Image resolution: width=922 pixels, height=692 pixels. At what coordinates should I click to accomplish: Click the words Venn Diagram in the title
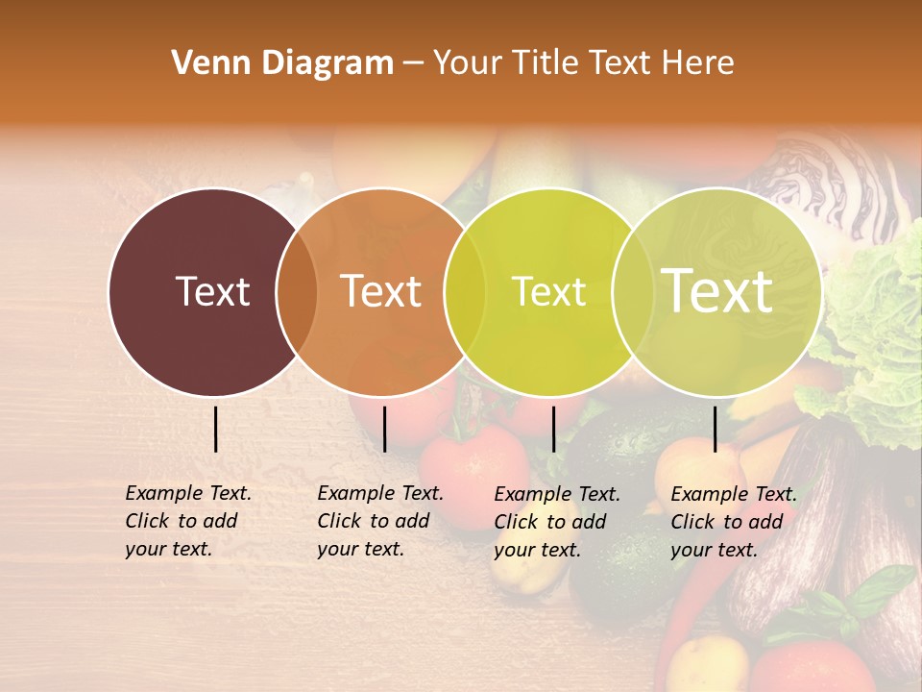coord(282,63)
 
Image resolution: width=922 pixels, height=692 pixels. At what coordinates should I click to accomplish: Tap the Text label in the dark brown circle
coord(212,291)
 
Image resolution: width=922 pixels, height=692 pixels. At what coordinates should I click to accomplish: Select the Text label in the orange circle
coord(381,291)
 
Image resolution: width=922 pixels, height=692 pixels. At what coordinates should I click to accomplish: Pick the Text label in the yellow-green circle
coord(548,291)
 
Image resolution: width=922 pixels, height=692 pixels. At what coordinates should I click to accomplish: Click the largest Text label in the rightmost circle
coord(717,291)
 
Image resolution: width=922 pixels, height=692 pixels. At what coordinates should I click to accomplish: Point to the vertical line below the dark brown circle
coord(215,429)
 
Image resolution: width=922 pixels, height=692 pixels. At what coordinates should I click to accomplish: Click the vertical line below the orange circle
coord(384,429)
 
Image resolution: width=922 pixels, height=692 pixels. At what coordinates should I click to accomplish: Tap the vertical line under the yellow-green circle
coord(553,429)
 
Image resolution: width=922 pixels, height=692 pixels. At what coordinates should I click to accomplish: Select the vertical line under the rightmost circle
coord(715,429)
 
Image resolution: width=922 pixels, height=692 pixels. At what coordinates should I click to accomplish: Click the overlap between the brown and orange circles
coord(297,291)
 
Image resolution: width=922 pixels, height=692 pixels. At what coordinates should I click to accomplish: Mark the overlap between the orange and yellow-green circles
coord(465,291)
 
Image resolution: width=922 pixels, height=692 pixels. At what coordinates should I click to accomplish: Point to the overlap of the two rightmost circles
coord(632,291)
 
